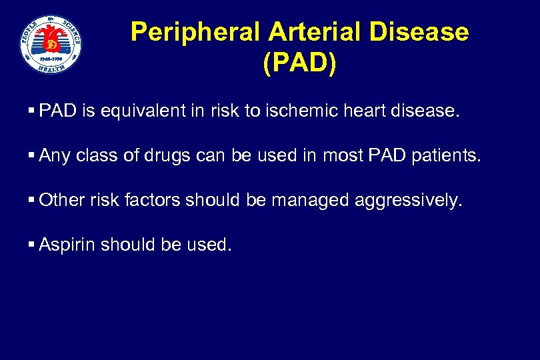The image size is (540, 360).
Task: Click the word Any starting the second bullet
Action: [55, 155]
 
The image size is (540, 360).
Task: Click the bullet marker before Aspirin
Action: [32, 245]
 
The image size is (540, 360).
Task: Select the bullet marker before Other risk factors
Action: [32, 200]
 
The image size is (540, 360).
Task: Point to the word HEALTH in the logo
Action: [51, 67]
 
